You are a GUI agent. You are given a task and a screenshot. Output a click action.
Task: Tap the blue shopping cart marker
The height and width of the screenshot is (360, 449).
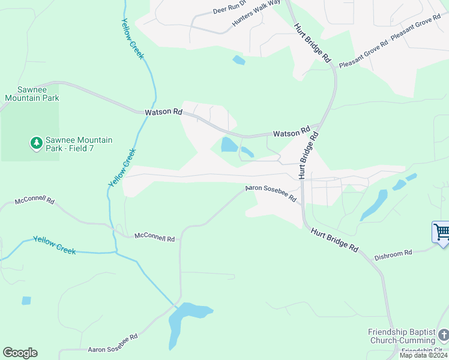441,232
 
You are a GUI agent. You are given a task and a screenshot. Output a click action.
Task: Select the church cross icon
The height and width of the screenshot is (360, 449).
442,333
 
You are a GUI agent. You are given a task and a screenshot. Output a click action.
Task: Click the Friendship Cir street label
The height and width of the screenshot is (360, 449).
421,350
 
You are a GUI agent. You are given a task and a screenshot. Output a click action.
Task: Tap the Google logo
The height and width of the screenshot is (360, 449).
20,353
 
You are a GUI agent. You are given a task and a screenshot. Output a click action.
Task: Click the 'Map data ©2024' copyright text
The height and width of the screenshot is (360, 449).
423,355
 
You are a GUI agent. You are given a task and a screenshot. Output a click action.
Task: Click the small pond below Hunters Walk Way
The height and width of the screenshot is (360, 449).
239,60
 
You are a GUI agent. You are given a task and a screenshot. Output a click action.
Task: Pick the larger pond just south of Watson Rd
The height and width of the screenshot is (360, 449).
229,145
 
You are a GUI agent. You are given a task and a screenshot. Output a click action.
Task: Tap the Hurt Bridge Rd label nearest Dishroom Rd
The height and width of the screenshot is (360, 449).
334,239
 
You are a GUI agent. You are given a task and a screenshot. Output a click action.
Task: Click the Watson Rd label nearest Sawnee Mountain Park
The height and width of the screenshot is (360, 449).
163,112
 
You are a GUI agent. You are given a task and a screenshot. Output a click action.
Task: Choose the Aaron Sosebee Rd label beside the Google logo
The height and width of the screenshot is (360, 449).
113,349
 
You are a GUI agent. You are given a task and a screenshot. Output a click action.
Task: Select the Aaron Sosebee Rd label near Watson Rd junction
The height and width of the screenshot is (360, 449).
271,193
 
